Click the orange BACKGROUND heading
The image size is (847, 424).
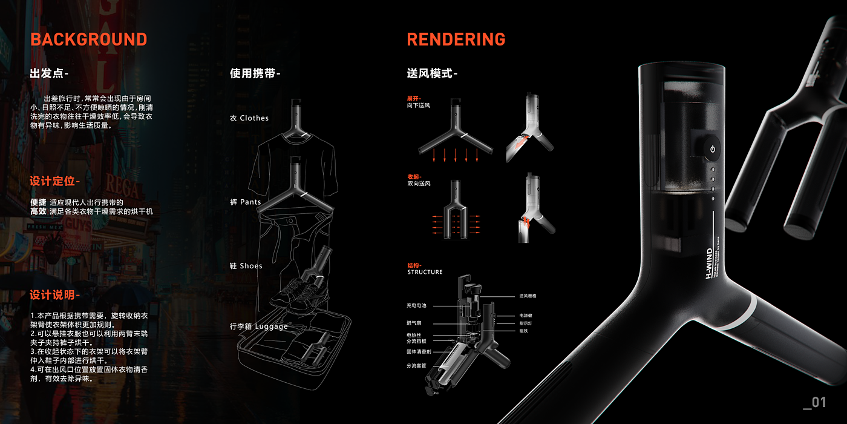click(88, 40)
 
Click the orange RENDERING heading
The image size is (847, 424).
click(456, 40)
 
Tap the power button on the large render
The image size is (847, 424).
click(713, 149)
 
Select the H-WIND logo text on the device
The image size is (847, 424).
click(709, 262)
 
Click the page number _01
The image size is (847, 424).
click(814, 402)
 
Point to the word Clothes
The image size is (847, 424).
click(254, 118)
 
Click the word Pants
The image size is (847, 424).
click(250, 202)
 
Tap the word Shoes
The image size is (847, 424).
click(251, 266)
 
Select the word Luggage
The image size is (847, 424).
click(272, 326)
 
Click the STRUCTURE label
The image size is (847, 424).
click(425, 273)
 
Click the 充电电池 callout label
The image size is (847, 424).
click(416, 306)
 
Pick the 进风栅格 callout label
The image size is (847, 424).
click(528, 296)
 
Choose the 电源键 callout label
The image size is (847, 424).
click(525, 316)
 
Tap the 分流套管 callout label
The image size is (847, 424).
click(416, 366)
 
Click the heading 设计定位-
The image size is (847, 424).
click(54, 181)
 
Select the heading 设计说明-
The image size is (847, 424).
click(54, 295)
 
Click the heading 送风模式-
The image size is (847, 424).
click(432, 74)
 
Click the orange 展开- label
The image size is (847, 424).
click(414, 98)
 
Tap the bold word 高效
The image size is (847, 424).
click(38, 211)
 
